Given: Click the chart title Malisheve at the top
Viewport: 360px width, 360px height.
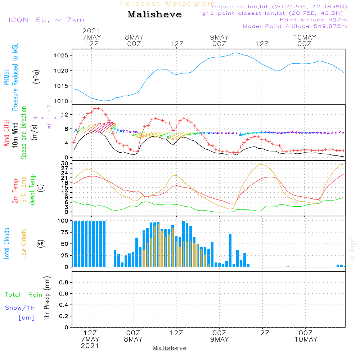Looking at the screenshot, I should tap(154, 15).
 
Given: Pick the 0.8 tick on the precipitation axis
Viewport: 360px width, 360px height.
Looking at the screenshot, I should tap(63, 283).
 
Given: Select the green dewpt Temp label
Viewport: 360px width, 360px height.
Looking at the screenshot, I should tap(32, 190).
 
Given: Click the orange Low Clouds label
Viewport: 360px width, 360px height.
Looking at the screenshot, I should tap(24, 244).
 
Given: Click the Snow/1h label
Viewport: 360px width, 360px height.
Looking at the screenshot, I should tap(20, 308).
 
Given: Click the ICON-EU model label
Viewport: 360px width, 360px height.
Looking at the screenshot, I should tap(46, 20).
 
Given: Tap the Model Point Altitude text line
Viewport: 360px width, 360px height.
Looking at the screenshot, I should tap(295, 26).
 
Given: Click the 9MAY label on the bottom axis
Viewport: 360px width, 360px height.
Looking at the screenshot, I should tap(220, 339).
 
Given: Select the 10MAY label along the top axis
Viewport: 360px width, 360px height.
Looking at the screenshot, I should tap(305, 37).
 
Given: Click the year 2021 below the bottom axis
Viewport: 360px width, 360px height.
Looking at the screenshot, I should tap(90, 346).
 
